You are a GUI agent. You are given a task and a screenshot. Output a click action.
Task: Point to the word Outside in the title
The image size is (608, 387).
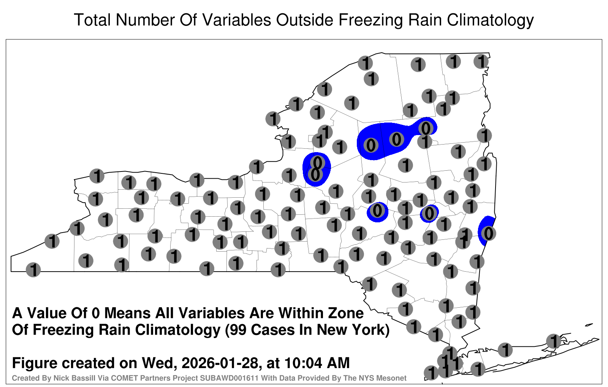305,20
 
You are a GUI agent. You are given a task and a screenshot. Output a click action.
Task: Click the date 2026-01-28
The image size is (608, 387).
220,363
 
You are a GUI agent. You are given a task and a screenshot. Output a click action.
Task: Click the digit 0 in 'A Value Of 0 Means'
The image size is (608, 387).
96,313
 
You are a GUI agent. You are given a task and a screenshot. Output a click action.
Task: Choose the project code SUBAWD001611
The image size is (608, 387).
230,378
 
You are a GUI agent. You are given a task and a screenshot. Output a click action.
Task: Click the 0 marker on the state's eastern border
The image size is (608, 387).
488,234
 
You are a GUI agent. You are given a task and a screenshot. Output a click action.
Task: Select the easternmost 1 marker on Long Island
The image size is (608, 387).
553,341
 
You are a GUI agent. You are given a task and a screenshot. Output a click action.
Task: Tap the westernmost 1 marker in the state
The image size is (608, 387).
33,270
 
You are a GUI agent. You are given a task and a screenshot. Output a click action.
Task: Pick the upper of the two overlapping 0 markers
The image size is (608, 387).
317,163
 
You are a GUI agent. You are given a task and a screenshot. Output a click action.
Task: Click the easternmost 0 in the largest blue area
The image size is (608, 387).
426,128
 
